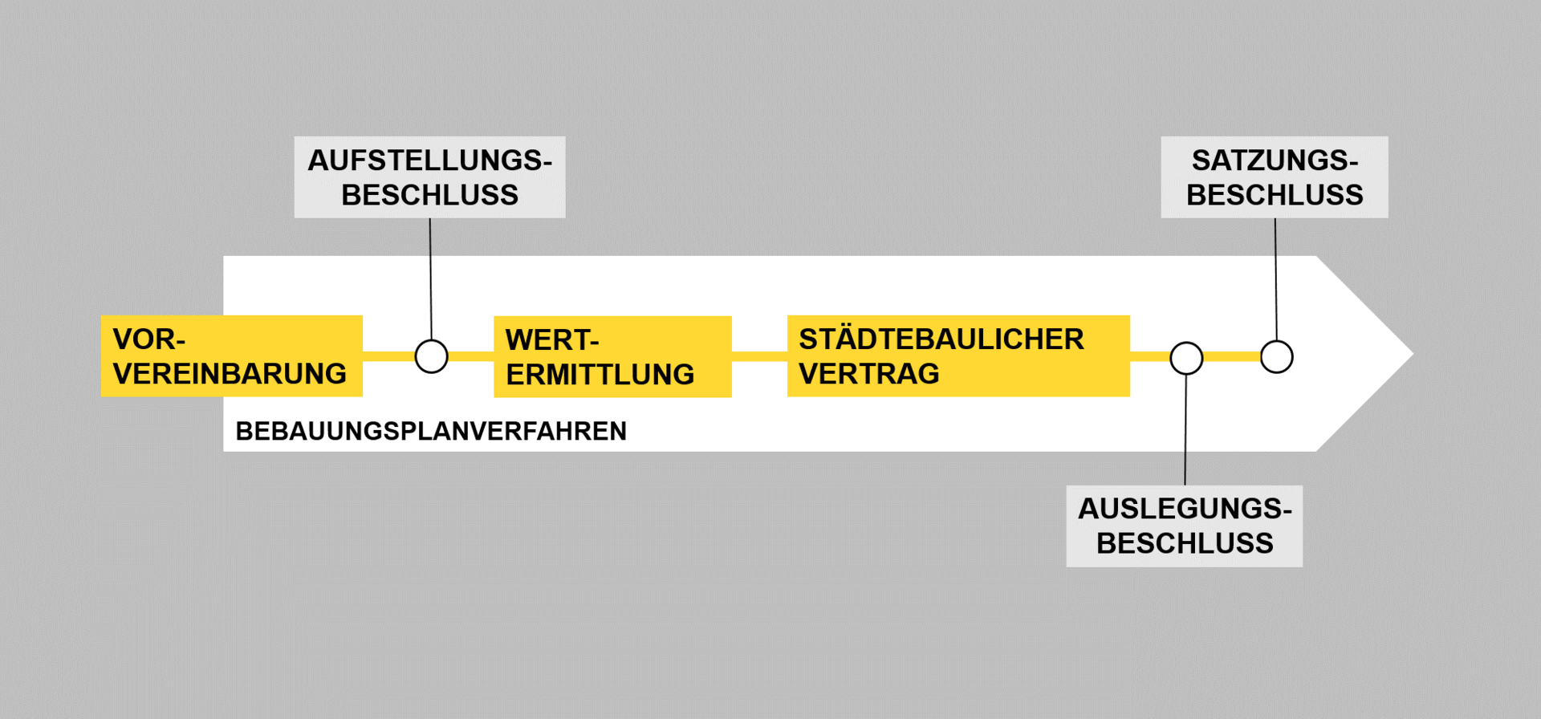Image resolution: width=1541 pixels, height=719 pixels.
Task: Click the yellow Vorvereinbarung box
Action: coord(231,356)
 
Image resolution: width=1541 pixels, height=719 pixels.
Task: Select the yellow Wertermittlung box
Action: coord(612,357)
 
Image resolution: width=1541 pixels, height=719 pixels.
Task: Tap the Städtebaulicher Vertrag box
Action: coord(958,356)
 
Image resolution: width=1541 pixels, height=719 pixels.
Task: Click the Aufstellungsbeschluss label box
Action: coord(429,177)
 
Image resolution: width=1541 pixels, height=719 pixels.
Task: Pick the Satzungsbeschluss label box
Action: coord(1274,177)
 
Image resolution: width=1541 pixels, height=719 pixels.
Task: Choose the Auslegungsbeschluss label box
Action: coord(1184,526)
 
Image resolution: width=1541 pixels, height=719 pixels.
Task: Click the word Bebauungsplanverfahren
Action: coord(431,432)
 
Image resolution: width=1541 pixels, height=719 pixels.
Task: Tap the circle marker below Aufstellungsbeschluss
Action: coord(431,356)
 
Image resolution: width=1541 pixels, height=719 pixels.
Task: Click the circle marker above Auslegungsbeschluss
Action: coord(1186,358)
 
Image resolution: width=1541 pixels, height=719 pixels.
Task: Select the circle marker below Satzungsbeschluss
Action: coord(1276,356)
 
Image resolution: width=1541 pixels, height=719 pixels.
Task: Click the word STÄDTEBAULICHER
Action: coord(941,339)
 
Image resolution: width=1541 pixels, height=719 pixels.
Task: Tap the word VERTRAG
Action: coord(868,374)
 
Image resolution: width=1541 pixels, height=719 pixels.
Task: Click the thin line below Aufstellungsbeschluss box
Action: coord(430,277)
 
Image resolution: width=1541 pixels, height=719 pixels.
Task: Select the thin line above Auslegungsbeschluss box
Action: coord(1185,429)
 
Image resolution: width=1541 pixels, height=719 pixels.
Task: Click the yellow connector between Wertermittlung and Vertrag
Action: coord(759,356)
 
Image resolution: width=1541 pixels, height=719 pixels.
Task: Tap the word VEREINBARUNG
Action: coord(230,374)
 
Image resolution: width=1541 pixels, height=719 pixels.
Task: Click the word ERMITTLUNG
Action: coord(600,375)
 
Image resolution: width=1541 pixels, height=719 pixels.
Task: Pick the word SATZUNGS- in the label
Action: coord(1274,160)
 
